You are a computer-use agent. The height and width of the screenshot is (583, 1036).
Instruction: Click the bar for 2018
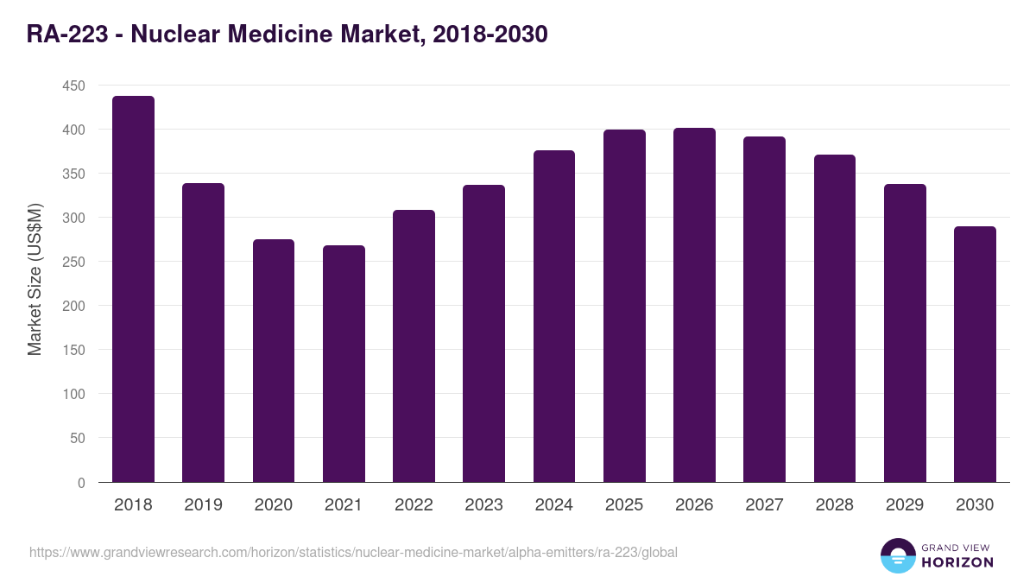pos(133,289)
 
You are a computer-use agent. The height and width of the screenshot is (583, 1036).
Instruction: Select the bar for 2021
pos(344,364)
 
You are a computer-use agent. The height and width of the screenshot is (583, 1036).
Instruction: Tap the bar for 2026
pos(694,305)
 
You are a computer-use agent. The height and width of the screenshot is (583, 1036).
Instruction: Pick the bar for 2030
pos(975,354)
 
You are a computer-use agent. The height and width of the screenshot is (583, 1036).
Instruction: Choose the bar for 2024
pos(554,316)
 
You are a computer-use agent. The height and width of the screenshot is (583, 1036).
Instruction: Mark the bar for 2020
pos(274,360)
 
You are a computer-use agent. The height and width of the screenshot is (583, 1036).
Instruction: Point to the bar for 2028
pos(835,319)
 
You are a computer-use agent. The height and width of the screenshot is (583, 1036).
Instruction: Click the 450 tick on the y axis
pos(73,86)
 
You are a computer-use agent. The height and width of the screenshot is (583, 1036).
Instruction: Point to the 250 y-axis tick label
pos(73,262)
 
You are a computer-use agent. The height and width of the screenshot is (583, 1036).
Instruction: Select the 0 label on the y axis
pos(81,483)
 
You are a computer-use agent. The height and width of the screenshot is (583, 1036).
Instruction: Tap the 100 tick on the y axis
pos(73,394)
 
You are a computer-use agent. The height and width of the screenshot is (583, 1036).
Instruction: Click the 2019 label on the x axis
pos(203,505)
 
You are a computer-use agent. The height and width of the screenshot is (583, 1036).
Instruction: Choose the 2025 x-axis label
pos(624,505)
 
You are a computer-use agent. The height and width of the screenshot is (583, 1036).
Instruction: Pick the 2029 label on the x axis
pos(905,505)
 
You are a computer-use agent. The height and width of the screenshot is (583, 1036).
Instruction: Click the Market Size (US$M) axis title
pos(35,279)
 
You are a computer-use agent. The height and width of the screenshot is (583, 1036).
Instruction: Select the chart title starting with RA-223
pos(287,35)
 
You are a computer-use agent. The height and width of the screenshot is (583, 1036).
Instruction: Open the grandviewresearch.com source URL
pos(353,552)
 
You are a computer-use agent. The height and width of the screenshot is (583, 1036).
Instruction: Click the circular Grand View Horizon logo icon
pos(898,555)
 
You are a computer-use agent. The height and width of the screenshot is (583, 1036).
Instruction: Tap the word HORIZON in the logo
pos(958,562)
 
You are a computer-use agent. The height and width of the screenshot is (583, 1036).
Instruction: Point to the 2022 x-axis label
pos(414,505)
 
